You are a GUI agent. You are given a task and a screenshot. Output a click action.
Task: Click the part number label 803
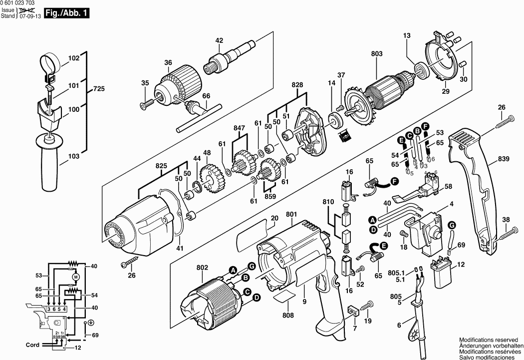click(x=377, y=54)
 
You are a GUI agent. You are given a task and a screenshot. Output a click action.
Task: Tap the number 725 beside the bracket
click(x=99, y=90)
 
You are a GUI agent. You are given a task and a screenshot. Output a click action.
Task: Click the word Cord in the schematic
click(x=32, y=345)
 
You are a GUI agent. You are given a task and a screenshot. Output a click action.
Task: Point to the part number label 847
click(x=240, y=128)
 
